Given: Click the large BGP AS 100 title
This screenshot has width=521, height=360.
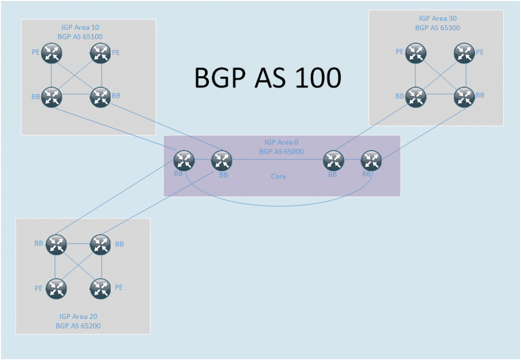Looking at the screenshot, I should (x=268, y=78).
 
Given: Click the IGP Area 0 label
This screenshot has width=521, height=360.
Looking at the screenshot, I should (x=281, y=142).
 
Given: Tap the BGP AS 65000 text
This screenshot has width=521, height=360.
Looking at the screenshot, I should (x=281, y=151).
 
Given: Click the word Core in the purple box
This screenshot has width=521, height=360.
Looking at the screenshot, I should (x=278, y=176).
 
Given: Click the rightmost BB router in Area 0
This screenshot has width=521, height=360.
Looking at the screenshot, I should (x=371, y=161).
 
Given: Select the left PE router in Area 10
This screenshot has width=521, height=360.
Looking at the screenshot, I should (x=52, y=53).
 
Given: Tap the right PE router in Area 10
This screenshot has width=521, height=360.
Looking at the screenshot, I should (x=100, y=53).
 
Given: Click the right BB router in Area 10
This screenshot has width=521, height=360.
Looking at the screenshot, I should (x=100, y=97).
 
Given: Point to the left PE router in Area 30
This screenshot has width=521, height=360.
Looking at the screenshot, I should (x=416, y=52).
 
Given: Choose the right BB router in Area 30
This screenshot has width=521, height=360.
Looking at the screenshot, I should (x=464, y=97).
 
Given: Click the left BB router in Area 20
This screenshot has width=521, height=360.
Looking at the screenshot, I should (x=56, y=245).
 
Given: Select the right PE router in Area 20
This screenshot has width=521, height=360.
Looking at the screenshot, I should (x=100, y=289).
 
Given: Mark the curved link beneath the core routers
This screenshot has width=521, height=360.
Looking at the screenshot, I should (x=278, y=205).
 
